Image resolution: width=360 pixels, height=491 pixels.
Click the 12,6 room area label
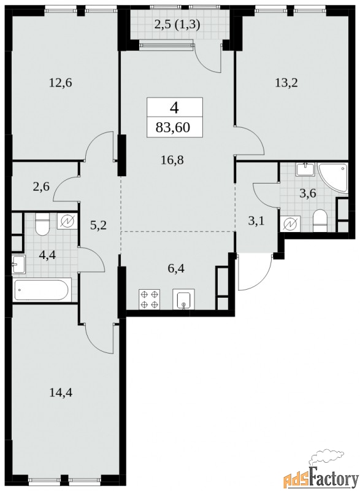(61, 83)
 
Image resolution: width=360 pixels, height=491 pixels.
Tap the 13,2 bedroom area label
(286, 83)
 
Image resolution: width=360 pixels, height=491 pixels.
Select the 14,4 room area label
(61, 392)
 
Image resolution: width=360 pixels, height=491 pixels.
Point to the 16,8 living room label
(172, 160)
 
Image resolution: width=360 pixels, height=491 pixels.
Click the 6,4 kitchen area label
(176, 268)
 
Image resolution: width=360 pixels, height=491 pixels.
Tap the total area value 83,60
(173, 128)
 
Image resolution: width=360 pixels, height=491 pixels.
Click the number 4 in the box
(174, 108)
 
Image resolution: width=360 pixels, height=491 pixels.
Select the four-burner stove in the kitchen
(149, 300)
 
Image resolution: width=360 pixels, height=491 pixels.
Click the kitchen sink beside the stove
(183, 300)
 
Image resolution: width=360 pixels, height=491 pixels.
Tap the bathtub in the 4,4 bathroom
(42, 290)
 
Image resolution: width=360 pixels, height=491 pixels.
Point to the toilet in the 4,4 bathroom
(42, 225)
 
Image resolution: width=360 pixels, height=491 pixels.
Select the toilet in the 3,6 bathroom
(320, 221)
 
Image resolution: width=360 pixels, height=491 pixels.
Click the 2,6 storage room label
(41, 187)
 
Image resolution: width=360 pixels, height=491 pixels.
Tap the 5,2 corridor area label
(98, 225)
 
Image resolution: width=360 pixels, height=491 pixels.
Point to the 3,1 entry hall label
(256, 221)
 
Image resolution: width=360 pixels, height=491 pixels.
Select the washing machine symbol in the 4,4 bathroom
(67, 222)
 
